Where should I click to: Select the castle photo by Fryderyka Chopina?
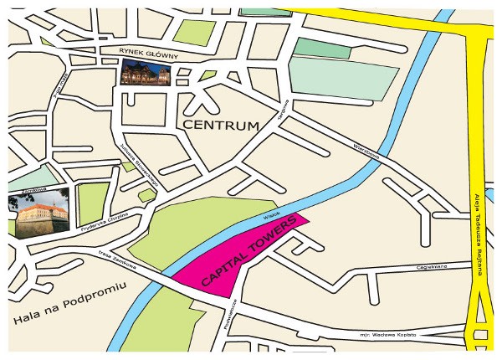pyautogui.click(x=42, y=215)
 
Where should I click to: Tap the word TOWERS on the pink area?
pyautogui.click(x=266, y=240)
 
